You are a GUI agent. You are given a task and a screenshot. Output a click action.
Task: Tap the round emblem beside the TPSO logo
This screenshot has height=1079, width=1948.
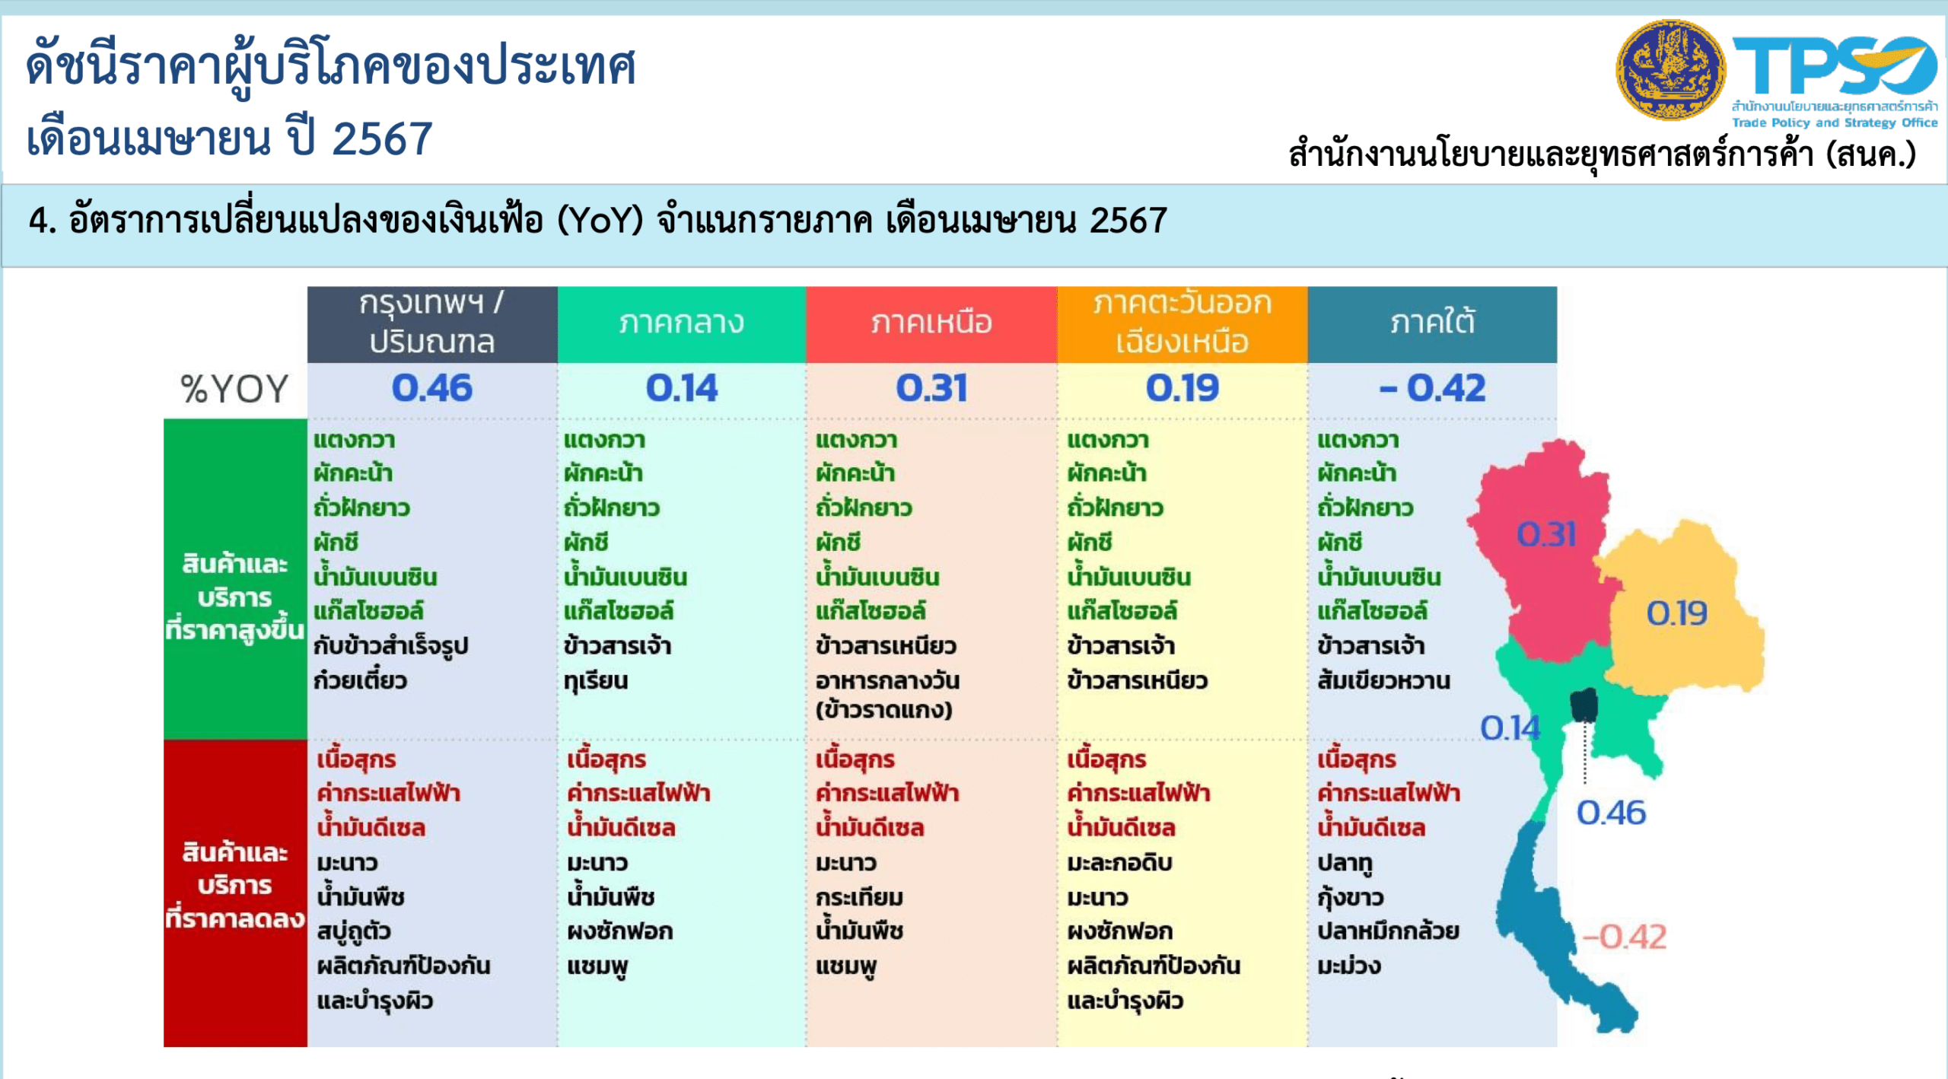[x=1670, y=70]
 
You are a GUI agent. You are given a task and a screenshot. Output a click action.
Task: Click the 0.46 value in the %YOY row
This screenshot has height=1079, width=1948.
[x=432, y=388]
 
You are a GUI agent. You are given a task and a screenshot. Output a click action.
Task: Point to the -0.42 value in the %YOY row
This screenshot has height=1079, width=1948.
[x=1432, y=388]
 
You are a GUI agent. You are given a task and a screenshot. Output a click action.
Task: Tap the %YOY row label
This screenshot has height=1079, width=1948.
[x=234, y=389]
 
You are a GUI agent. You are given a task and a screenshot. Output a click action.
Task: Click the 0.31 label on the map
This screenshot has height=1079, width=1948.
[x=1546, y=534]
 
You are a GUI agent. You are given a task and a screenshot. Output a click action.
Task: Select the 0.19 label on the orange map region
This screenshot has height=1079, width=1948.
[x=1677, y=613]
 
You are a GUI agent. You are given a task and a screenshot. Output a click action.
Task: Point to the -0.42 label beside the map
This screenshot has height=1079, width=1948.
[x=1625, y=937]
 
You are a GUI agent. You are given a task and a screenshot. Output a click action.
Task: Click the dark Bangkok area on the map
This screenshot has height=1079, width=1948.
[x=1584, y=705]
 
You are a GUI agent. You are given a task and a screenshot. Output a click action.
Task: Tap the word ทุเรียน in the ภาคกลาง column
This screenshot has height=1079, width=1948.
[x=596, y=681]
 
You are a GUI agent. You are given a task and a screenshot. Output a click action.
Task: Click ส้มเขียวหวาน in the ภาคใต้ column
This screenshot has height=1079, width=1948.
[x=1384, y=680]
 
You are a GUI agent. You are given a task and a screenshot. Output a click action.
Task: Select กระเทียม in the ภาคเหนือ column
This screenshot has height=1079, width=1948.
[x=859, y=897]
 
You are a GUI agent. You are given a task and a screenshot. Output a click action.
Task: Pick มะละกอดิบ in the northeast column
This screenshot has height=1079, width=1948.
[x=1119, y=863]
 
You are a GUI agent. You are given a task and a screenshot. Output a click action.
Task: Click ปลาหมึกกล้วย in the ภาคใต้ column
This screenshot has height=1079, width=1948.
[x=1389, y=931]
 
